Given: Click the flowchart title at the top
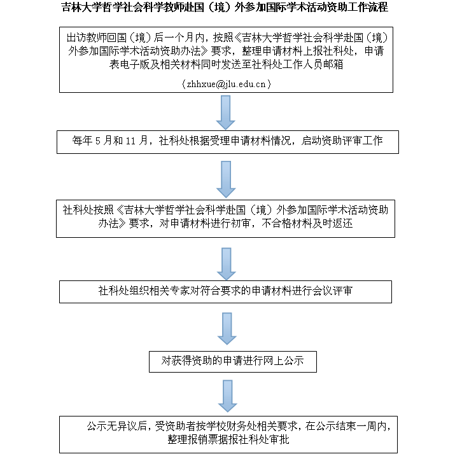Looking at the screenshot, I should coord(227,8).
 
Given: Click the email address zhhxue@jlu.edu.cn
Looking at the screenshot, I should coord(227,84).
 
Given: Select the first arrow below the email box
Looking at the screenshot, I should coord(227,113).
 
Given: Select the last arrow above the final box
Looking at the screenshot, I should coord(227,396).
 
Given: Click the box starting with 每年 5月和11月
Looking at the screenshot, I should coord(227,141).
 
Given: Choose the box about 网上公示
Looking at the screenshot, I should coord(232,361).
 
